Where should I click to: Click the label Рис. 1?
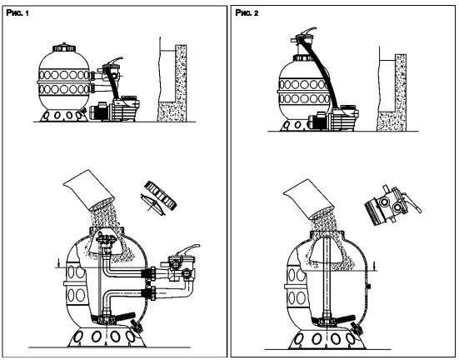(17, 12)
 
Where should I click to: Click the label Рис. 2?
(247, 12)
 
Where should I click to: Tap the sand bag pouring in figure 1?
(88, 189)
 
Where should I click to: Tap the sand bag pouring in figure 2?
(308, 199)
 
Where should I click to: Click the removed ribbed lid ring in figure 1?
(161, 195)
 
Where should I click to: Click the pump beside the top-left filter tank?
(114, 109)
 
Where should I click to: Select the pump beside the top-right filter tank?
(334, 118)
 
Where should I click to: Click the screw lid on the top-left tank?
(64, 47)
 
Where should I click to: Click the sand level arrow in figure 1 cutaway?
(59, 262)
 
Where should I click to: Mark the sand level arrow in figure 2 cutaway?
(375, 265)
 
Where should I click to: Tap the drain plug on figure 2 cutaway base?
(357, 328)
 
